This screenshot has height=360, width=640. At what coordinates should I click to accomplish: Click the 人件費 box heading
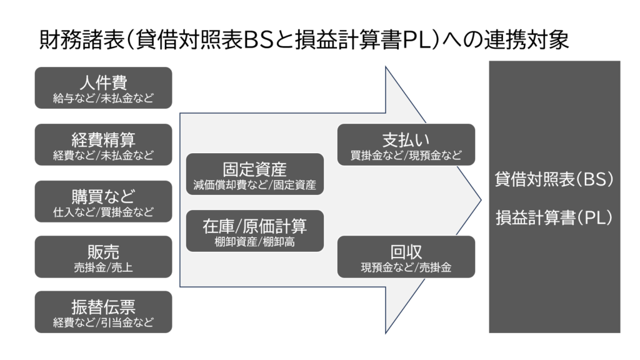click(x=103, y=83)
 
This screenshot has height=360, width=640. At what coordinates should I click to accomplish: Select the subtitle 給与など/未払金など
click(x=103, y=98)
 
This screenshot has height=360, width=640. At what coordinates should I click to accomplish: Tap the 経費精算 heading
click(x=103, y=140)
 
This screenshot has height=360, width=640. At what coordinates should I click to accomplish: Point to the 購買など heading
click(x=103, y=197)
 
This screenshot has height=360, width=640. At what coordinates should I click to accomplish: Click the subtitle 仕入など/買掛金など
click(x=103, y=212)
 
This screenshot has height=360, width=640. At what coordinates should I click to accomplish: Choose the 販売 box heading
click(x=103, y=252)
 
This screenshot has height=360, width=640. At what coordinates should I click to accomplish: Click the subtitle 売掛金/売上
click(x=103, y=267)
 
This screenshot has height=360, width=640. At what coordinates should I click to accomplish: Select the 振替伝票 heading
click(x=103, y=307)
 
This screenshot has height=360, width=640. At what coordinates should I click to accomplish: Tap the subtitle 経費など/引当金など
click(x=103, y=322)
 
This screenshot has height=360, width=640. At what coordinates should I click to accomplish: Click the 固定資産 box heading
click(x=255, y=169)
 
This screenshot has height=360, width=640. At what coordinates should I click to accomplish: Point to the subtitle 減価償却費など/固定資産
click(x=255, y=185)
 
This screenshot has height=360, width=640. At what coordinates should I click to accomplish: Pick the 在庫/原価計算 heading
click(x=255, y=226)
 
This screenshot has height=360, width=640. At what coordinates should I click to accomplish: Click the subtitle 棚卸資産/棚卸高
click(x=255, y=242)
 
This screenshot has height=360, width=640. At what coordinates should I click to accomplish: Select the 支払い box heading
click(x=406, y=140)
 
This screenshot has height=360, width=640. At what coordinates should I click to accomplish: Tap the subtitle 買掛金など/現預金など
click(x=406, y=156)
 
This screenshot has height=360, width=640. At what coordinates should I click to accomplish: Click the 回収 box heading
click(x=406, y=252)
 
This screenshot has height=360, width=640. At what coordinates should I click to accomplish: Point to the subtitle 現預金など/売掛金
click(x=406, y=267)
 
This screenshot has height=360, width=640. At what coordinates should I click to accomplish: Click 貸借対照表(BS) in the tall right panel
click(x=554, y=179)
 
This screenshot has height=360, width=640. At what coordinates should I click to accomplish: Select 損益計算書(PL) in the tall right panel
click(x=554, y=217)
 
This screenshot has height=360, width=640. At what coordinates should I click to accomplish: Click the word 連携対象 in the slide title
click(x=526, y=41)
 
